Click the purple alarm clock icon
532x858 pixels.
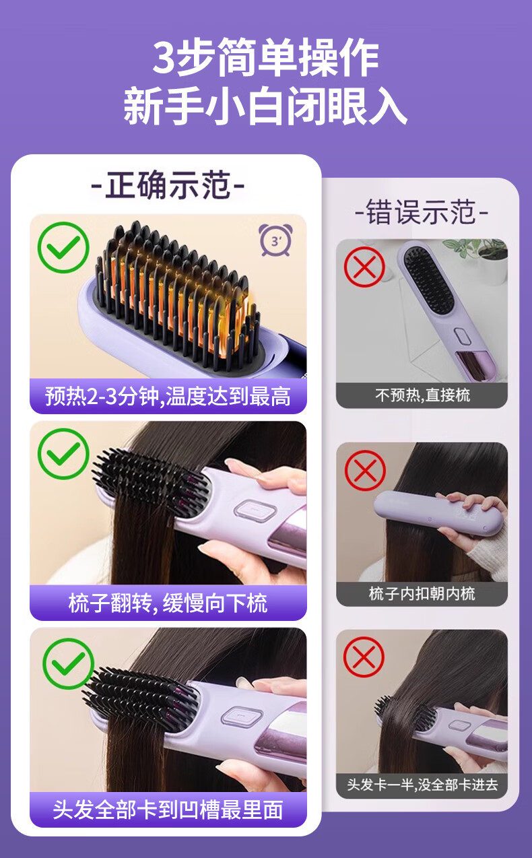click(x=275, y=240)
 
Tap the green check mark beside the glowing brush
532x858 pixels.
click(x=63, y=247)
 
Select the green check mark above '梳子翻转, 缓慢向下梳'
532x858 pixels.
click(x=63, y=453)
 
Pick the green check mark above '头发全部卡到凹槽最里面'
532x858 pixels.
click(x=69, y=664)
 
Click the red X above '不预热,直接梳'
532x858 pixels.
click(x=364, y=267)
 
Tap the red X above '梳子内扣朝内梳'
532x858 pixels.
click(x=365, y=470)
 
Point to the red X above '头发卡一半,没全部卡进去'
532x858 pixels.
click(x=364, y=657)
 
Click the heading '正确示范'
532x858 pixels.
click(x=168, y=185)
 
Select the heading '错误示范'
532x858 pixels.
click(x=422, y=211)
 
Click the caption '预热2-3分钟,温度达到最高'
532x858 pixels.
click(x=168, y=396)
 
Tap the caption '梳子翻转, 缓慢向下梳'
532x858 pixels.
click(x=168, y=603)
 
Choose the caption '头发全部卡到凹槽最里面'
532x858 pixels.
click(x=168, y=810)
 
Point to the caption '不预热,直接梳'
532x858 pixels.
click(x=422, y=395)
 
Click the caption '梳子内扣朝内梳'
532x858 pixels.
click(x=422, y=593)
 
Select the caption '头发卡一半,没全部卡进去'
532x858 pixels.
click(x=422, y=785)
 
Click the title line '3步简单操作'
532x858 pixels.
click(x=266, y=57)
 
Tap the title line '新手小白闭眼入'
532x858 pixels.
click(x=265, y=105)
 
